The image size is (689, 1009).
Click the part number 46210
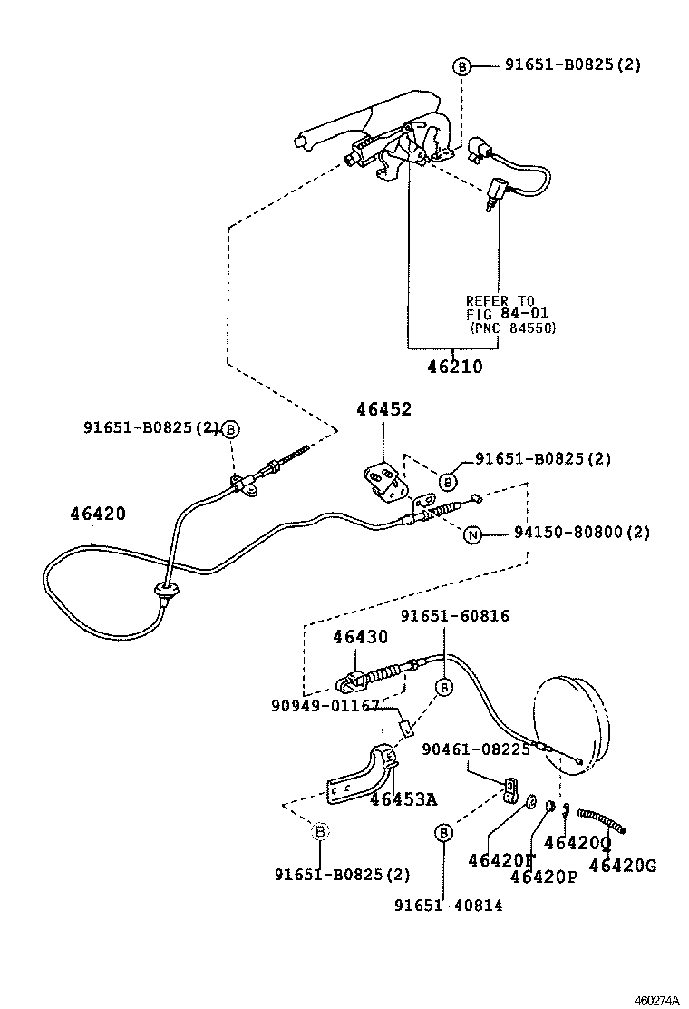click(x=455, y=367)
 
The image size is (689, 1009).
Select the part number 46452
click(x=383, y=409)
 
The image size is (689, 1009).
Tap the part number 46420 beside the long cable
click(x=98, y=514)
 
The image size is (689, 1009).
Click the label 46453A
click(x=403, y=798)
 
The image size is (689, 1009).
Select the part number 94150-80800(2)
click(x=569, y=533)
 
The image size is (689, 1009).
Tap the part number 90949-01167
click(x=324, y=704)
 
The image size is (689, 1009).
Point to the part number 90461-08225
click(x=476, y=749)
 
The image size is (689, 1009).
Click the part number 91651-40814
click(x=448, y=905)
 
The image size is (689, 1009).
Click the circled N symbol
click(x=471, y=534)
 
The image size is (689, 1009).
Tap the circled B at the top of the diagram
click(x=461, y=66)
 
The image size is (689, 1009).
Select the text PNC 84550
click(x=513, y=328)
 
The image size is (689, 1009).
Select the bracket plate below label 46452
click(x=383, y=480)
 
